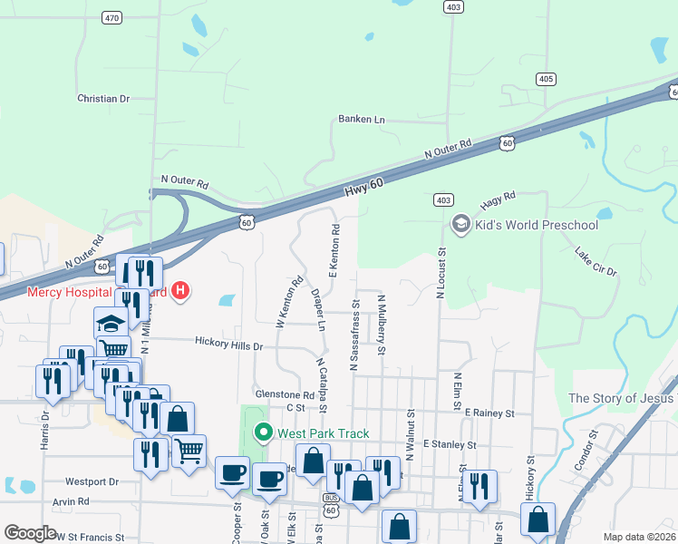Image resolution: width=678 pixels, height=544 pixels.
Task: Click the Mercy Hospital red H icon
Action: [181, 291]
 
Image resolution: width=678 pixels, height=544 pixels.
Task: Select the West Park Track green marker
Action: [264, 432]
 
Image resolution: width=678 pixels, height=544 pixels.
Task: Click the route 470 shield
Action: [111, 17]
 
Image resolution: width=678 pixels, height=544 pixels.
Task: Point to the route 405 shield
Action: [546, 80]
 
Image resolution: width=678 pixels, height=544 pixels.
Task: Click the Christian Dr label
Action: [103, 99]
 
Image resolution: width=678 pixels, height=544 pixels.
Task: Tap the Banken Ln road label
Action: [362, 119]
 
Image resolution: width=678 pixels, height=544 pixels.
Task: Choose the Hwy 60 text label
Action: [364, 187]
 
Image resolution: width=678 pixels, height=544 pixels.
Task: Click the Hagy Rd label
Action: [498, 196]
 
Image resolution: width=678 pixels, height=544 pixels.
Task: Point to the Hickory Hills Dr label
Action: [228, 345]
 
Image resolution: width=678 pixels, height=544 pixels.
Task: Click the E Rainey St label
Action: [489, 413]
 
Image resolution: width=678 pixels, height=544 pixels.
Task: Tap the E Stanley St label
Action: [450, 445]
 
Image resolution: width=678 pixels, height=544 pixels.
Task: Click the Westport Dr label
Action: [92, 481]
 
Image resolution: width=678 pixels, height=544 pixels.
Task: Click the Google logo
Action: [30, 533]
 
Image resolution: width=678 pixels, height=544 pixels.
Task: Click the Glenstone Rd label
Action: [285, 395]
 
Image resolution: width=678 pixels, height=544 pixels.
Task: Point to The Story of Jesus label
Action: [622, 398]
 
